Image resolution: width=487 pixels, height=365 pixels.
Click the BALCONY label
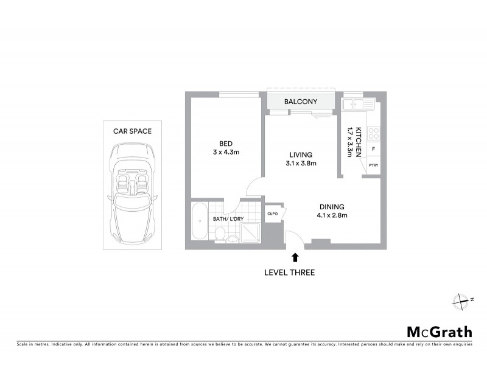(301, 102)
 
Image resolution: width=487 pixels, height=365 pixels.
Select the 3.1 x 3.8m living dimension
(301, 163)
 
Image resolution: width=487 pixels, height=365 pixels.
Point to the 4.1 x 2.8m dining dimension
(332, 215)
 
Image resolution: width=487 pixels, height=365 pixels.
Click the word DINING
(331, 206)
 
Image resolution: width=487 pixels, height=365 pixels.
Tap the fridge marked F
(373, 148)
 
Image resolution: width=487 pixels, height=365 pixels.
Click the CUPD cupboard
(273, 214)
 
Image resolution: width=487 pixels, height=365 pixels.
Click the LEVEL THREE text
(289, 273)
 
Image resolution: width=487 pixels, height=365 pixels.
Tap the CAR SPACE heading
(132, 130)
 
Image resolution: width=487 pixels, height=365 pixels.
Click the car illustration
(132, 193)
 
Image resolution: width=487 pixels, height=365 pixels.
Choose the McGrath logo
(439, 332)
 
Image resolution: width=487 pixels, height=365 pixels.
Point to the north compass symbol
(461, 300)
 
